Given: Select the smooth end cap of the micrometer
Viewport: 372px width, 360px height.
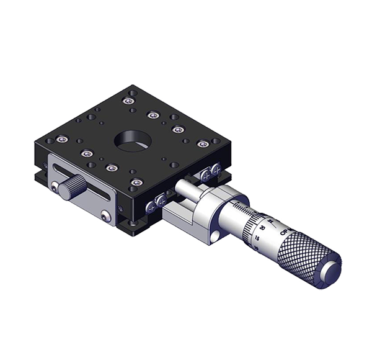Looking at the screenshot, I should [332, 270].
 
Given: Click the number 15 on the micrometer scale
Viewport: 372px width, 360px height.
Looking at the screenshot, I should [256, 238].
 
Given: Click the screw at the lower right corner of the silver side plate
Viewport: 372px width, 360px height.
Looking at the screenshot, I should [107, 215].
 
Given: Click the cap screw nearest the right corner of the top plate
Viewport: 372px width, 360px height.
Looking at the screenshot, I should [201, 143].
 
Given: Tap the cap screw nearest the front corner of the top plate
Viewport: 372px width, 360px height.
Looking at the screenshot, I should [136, 182].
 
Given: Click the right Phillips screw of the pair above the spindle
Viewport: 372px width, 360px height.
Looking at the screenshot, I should [215, 168].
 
